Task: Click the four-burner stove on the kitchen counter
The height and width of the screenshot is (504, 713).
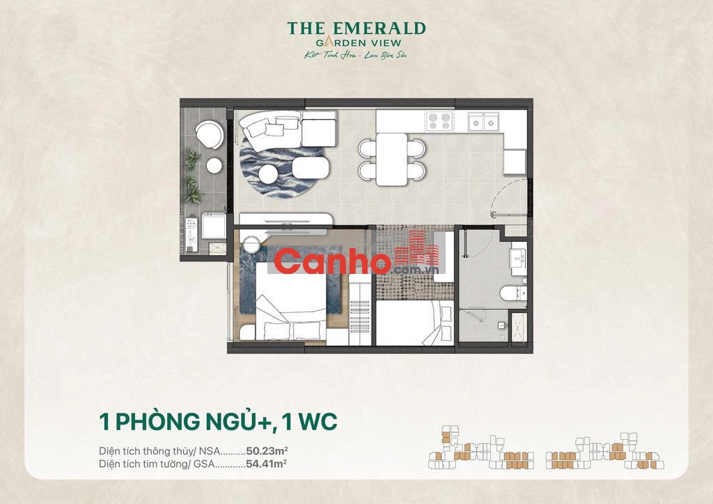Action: click(x=439, y=121)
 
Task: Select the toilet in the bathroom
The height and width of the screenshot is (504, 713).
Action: click(x=518, y=291)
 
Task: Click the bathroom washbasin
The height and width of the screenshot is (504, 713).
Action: click(x=519, y=259)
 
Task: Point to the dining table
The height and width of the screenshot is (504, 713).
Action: click(x=392, y=159)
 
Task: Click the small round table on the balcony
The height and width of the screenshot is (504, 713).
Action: click(x=214, y=165)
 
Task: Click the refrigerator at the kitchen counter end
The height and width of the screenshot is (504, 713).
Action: click(x=515, y=162)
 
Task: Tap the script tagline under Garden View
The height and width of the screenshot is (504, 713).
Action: click(x=356, y=54)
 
